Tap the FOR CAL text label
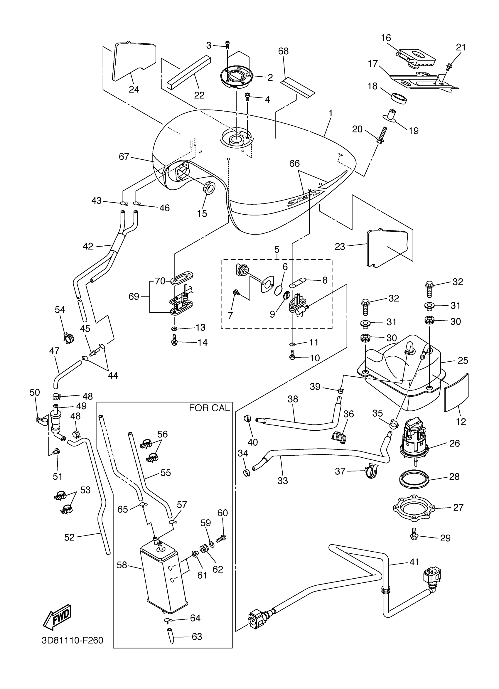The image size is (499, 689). [x=209, y=408]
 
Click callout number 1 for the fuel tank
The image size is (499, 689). [x=331, y=113]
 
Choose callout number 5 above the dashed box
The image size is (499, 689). [x=277, y=250]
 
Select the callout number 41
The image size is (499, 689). [x=414, y=562]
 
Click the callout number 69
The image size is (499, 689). [x=134, y=296]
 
